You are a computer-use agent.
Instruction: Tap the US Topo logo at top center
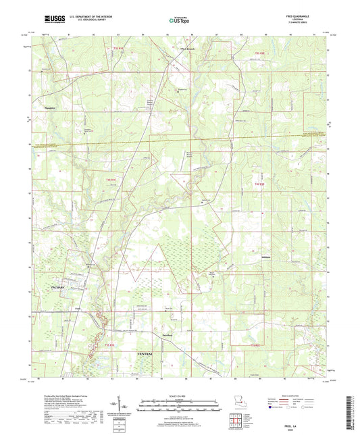pos(177,21)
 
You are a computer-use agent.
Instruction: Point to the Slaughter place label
pos(45,106)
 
